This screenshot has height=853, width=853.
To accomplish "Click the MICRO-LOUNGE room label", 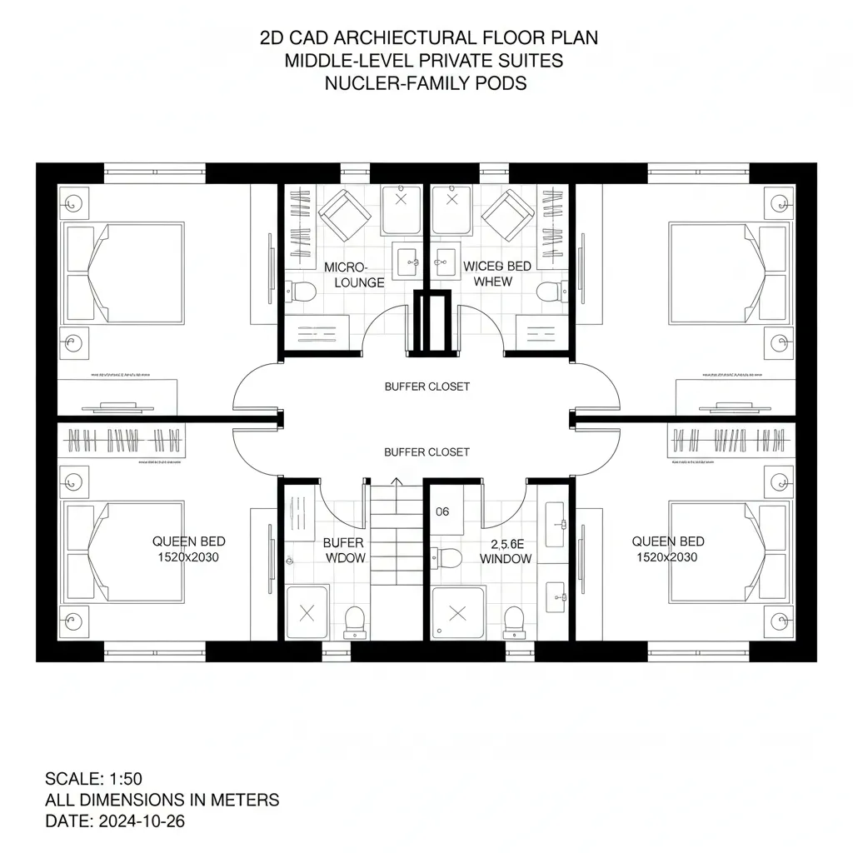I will click(353, 275).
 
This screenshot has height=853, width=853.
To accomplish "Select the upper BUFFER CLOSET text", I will click(426, 387).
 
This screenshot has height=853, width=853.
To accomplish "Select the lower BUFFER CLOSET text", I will click(426, 451).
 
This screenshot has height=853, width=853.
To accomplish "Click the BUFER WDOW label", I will click(344, 551).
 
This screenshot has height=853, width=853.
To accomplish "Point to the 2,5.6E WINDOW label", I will click(506, 551).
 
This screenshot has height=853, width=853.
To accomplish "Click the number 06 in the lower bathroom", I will click(442, 511).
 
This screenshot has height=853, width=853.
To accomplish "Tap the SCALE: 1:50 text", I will click(93, 779).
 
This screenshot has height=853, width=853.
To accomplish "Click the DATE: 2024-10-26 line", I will click(114, 821).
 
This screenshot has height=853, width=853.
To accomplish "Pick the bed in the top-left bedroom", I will click(125, 272).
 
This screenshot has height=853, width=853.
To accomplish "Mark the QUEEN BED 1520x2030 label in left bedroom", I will click(188, 549).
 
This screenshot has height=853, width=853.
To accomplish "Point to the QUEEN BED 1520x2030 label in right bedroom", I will click(668, 549).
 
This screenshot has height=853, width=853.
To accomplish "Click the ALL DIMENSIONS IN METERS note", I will click(162, 800).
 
